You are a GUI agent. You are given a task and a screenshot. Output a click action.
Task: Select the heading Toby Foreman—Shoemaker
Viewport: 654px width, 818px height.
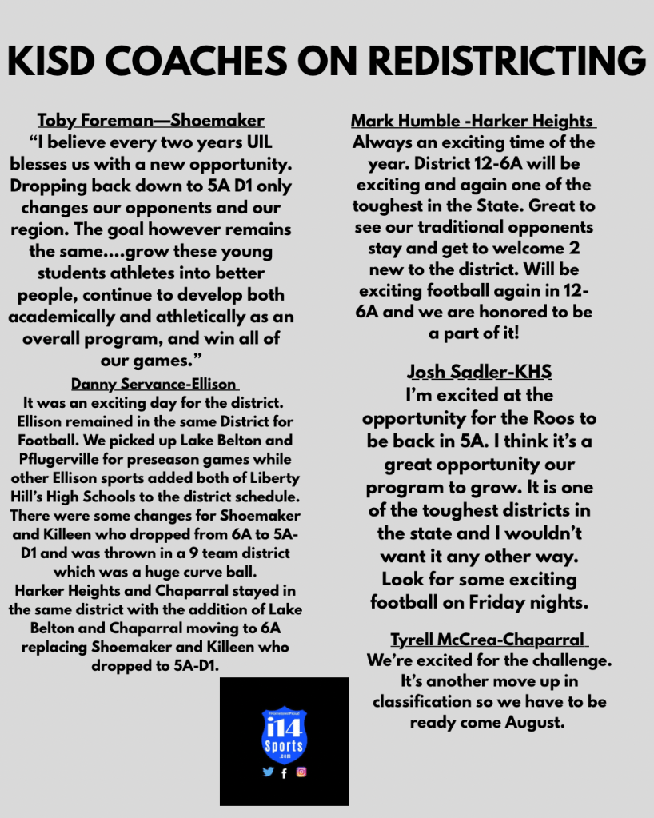(x=150, y=121)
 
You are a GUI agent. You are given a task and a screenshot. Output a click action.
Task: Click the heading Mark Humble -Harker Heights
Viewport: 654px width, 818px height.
(x=473, y=122)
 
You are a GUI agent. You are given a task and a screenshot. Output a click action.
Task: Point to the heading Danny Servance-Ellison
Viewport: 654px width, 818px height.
(x=155, y=383)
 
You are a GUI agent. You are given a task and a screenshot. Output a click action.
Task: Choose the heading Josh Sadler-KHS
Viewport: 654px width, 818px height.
(x=479, y=372)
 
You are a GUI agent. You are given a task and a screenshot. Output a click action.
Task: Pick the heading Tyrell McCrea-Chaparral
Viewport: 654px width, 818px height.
(x=489, y=640)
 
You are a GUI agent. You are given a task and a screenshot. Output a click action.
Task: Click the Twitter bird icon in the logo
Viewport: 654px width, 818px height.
(x=268, y=772)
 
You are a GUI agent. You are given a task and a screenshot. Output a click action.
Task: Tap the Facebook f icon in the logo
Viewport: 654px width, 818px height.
(x=284, y=773)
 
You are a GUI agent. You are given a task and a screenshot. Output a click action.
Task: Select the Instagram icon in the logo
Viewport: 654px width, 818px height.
(x=301, y=772)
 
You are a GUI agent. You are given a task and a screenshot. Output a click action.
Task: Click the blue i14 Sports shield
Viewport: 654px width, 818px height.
(x=284, y=734)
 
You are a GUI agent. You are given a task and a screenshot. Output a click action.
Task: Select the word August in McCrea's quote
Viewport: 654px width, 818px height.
(x=535, y=722)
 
